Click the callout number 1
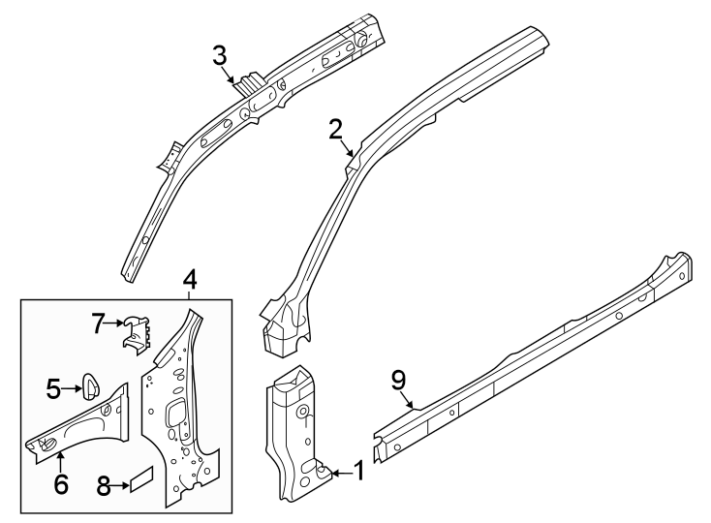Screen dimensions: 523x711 [x=357, y=473]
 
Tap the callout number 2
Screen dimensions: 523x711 [x=336, y=129]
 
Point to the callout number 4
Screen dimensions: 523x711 [x=190, y=279]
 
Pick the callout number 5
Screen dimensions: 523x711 [x=53, y=389]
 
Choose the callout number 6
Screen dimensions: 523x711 [x=61, y=482]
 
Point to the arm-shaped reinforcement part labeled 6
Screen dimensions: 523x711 [x=87, y=421]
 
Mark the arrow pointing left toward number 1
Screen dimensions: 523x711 [x=338, y=473]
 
